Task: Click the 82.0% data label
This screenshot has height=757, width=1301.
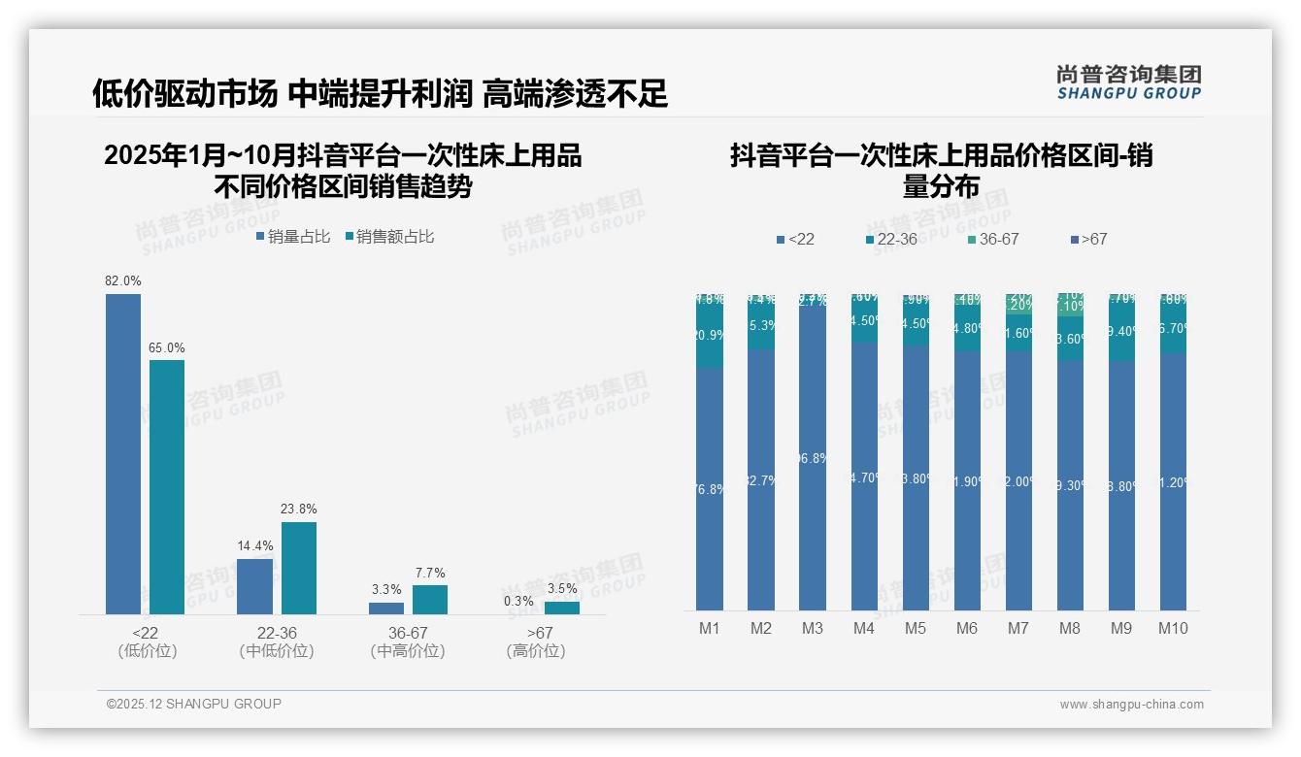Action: tap(123, 280)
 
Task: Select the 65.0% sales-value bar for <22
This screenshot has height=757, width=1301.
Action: tap(167, 485)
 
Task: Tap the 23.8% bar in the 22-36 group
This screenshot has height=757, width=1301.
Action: tap(299, 568)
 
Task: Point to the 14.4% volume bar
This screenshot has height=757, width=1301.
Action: tap(254, 586)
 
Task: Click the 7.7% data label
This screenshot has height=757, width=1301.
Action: tap(430, 573)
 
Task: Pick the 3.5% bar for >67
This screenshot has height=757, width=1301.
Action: tap(561, 608)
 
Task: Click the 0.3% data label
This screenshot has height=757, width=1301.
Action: tap(518, 601)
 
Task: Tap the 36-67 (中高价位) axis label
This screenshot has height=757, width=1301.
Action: tap(408, 642)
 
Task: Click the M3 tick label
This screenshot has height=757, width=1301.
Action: tap(813, 628)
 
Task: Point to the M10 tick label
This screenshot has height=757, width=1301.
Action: tap(1173, 628)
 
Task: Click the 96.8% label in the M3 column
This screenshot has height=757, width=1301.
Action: tap(813, 458)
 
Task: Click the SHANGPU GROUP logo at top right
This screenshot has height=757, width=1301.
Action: tap(1128, 82)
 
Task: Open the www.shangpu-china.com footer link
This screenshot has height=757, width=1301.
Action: tap(1131, 705)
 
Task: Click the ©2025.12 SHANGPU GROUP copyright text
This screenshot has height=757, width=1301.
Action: tap(194, 704)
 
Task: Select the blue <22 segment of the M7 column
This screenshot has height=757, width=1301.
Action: tap(1018, 480)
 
